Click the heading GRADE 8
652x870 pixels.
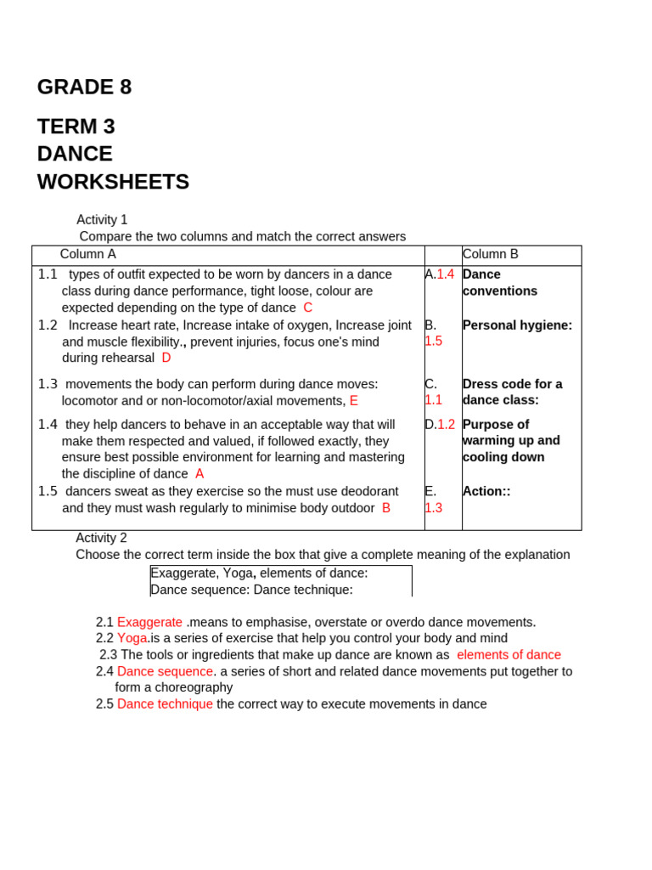coord(84,88)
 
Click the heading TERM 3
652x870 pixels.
coord(76,127)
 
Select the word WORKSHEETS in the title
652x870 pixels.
coord(113,182)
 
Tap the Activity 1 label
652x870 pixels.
coord(102,220)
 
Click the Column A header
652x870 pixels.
coord(88,254)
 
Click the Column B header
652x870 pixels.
coord(490,254)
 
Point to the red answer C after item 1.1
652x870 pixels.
coord(307,308)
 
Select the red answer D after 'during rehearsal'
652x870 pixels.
coord(166,358)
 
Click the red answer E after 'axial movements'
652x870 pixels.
coord(353,400)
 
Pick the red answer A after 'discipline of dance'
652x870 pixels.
coord(200,473)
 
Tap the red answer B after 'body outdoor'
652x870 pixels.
coord(386,507)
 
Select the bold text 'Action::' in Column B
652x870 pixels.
coord(486,491)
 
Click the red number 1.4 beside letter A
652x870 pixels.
coord(446,274)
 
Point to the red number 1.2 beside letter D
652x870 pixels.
coord(447,424)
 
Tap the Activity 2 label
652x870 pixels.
coord(101,538)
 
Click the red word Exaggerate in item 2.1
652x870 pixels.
coord(149,622)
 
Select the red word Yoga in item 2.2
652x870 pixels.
coord(132,638)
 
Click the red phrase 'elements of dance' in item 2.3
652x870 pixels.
coord(509,654)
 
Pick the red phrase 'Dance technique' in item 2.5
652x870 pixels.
coord(165,703)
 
